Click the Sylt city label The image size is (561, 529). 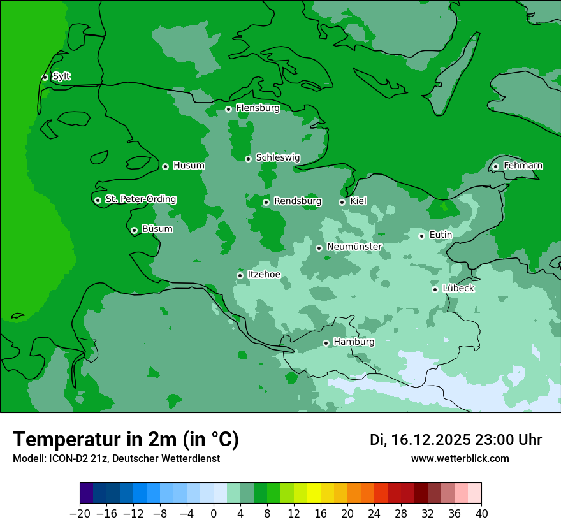pyautogui.click(x=61, y=76)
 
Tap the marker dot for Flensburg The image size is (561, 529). pyautogui.click(x=228, y=109)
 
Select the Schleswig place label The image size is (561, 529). pyautogui.click(x=277, y=157)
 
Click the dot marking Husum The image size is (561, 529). pyautogui.click(x=165, y=166)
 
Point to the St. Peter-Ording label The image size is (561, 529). pyautogui.click(x=140, y=199)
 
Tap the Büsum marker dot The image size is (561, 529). pyautogui.click(x=134, y=230)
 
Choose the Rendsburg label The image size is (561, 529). pyautogui.click(x=297, y=201)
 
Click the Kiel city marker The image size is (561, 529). pyautogui.click(x=342, y=202)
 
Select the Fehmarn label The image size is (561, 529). pyautogui.click(x=523, y=166)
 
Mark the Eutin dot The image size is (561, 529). pyautogui.click(x=421, y=236)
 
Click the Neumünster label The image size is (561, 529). pyautogui.click(x=354, y=247)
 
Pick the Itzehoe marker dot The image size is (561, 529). pyautogui.click(x=240, y=275)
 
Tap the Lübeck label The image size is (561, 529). pyautogui.click(x=458, y=288)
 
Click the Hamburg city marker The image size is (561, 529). pyautogui.click(x=326, y=343)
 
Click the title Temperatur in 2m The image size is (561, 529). pyautogui.click(x=126, y=439)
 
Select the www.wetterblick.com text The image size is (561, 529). pyautogui.click(x=460, y=458)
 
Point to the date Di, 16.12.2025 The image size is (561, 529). pyautogui.click(x=420, y=440)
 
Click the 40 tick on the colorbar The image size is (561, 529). pyautogui.click(x=481, y=513)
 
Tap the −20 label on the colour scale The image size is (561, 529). pyautogui.click(x=80, y=513)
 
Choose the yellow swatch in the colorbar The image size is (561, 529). pyautogui.click(x=314, y=493)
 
